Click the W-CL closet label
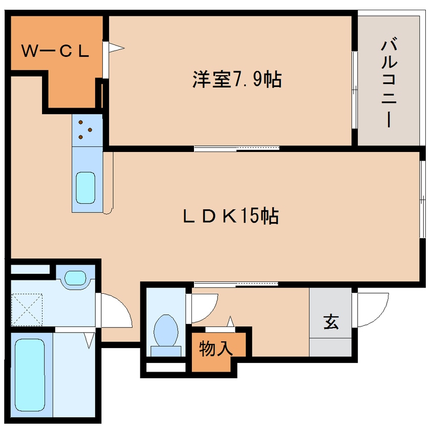click(x=55, y=51)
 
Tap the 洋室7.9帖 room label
click(x=236, y=80)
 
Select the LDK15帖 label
click(x=230, y=216)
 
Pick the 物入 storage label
click(x=215, y=349)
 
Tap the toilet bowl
click(x=166, y=332)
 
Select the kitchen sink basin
click(x=85, y=188)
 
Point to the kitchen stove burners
click(x=86, y=130)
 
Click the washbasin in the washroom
click(x=75, y=277)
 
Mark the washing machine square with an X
click(x=27, y=309)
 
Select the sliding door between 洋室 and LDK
click(x=236, y=148)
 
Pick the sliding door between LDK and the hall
click(x=235, y=284)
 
